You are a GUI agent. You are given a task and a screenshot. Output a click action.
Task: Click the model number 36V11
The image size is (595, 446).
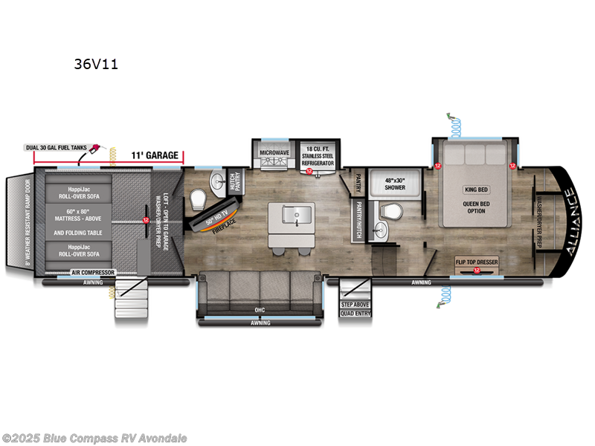pos(95,64)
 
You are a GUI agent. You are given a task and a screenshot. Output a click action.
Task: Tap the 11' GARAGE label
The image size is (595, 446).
pos(155,155)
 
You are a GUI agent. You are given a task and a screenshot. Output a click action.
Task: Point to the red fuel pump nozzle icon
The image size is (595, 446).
pos(97,151)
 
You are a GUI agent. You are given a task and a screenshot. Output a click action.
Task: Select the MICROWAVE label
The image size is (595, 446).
pos(274,152)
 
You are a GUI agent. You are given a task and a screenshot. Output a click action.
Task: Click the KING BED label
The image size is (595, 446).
pos(476,190)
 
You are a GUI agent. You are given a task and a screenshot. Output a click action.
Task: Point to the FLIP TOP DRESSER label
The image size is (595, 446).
pos(476,262)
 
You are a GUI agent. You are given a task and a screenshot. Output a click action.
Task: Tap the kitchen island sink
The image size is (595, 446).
pos(292,215)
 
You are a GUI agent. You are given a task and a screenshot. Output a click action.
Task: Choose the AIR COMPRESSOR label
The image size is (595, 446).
pos(94,273)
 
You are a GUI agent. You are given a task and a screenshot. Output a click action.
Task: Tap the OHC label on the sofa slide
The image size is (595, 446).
pos(259,309)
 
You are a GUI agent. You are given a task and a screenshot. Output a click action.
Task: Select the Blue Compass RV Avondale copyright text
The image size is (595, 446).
pos(94,438)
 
